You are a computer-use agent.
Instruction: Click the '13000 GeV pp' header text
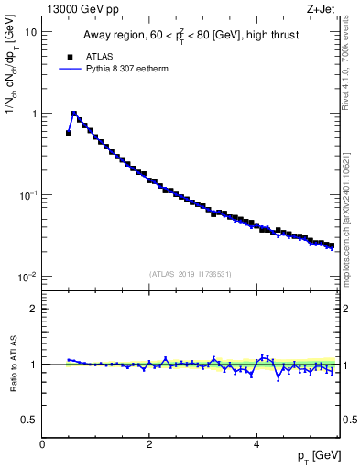[x=81, y=8]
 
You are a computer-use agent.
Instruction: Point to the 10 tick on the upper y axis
[x=31, y=32]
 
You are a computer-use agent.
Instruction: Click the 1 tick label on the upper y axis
[x=34, y=114]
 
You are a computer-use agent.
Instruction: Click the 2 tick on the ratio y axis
[x=34, y=309]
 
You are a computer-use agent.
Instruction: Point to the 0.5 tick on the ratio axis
[x=30, y=420]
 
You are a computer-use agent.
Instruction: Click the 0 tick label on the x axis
[x=42, y=443]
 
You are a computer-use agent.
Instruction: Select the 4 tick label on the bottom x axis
[x=256, y=443]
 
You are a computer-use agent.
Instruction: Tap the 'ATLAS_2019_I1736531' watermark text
[x=191, y=274]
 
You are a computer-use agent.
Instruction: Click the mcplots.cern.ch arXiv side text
[x=352, y=211]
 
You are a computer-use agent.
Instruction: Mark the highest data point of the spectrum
[x=74, y=114]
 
